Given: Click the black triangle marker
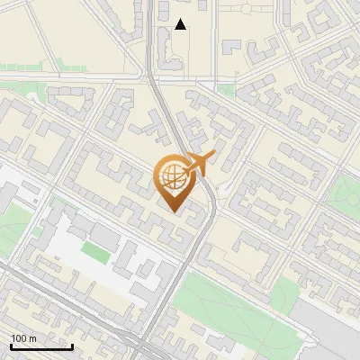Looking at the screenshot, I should [x=181, y=24].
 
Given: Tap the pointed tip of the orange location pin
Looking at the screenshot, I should [x=175, y=211].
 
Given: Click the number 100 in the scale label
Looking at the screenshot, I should [x=18, y=338].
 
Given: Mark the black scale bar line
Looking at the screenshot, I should [x=41, y=346].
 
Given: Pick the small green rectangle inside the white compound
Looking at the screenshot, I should [x=94, y=251].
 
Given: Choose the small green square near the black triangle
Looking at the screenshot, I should [x=226, y=91].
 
